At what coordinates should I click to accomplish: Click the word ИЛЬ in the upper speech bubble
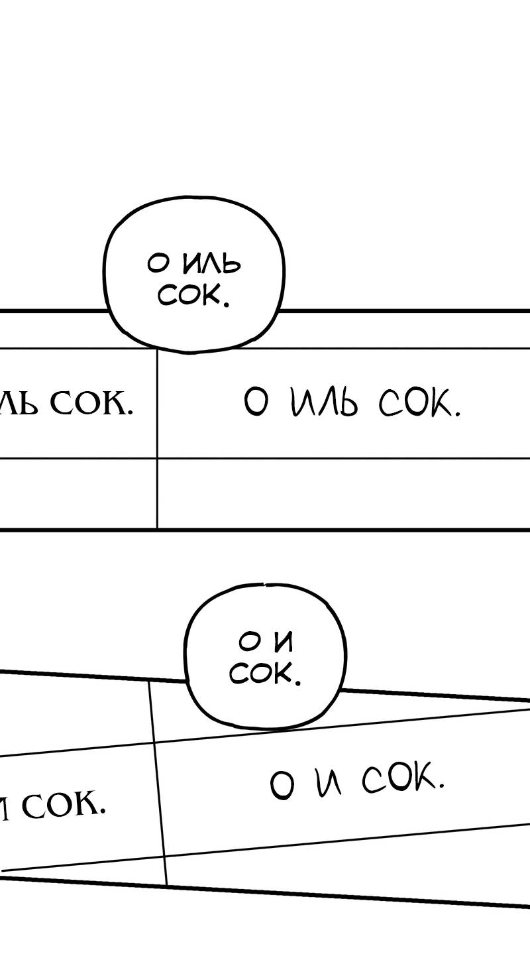(x=211, y=265)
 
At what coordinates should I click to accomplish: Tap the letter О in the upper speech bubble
(x=159, y=264)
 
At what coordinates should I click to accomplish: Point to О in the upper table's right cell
(x=256, y=402)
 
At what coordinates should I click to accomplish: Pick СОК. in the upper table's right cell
(x=419, y=402)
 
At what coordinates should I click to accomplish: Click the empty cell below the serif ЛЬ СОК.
(x=78, y=493)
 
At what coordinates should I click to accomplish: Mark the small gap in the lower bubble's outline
(x=264, y=585)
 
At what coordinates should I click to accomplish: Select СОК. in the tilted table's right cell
(x=402, y=780)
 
